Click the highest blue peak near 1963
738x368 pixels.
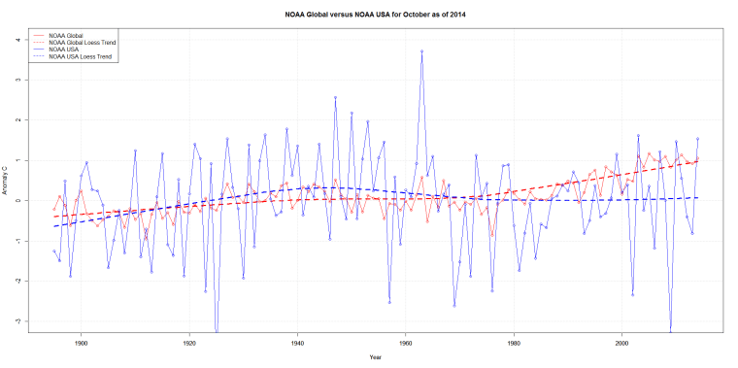(421, 51)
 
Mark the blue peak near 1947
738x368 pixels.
(335, 97)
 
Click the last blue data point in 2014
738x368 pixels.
(697, 139)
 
